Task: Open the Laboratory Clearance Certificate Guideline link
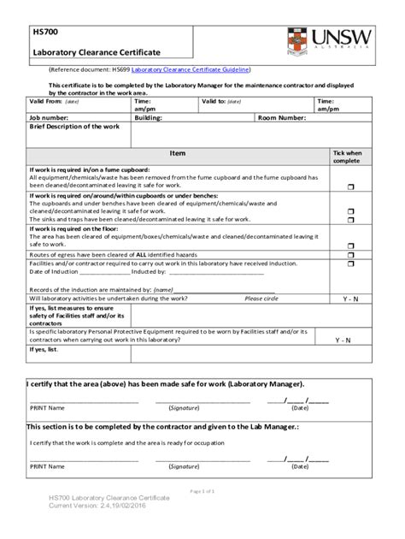click(199, 68)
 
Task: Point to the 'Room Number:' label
click(281, 117)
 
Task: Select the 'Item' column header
click(177, 153)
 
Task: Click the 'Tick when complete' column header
click(347, 157)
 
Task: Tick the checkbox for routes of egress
click(349, 255)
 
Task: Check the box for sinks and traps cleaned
click(349, 219)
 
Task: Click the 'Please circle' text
click(261, 299)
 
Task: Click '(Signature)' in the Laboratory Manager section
click(184, 408)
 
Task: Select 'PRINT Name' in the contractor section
click(47, 466)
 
